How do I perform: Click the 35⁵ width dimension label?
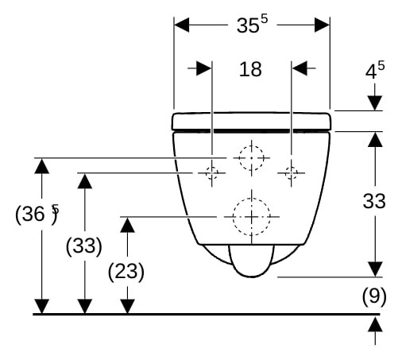[x=252, y=25]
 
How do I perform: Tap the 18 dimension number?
[x=250, y=69]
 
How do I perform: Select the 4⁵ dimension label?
[x=375, y=70]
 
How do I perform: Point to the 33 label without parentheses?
[x=374, y=201]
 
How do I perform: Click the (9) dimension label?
[x=374, y=296]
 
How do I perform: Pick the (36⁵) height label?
[x=37, y=214]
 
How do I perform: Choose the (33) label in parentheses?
[x=83, y=246]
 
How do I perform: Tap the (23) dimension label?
[x=126, y=272]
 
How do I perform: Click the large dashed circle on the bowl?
[x=252, y=198]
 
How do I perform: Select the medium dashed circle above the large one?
[x=252, y=145]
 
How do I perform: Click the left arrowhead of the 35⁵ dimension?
[x=182, y=25]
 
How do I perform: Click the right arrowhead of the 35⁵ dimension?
[x=322, y=25]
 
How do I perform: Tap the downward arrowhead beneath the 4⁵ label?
[x=375, y=103]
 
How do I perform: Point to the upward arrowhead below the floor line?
[x=375, y=324]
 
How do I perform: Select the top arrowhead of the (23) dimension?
[x=127, y=225]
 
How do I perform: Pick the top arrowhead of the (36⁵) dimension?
[x=42, y=166]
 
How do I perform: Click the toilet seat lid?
[x=251, y=122]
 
